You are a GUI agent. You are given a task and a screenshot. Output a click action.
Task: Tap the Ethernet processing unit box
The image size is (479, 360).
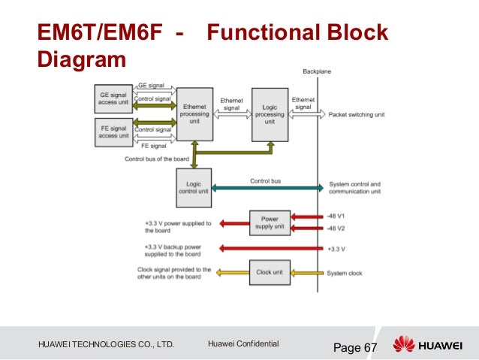194,113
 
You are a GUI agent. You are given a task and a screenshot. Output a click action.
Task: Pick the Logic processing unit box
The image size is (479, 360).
269,113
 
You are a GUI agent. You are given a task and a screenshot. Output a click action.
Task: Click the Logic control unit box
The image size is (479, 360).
193,186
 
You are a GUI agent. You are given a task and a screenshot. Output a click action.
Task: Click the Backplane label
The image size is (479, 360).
316,71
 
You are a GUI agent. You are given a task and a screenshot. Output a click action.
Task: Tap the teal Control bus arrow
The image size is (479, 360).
267,186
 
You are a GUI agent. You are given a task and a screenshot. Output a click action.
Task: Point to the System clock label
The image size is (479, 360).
345,273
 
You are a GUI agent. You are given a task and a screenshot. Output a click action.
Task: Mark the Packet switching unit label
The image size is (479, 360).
356,115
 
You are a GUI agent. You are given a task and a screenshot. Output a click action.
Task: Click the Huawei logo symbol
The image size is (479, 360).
404,344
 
